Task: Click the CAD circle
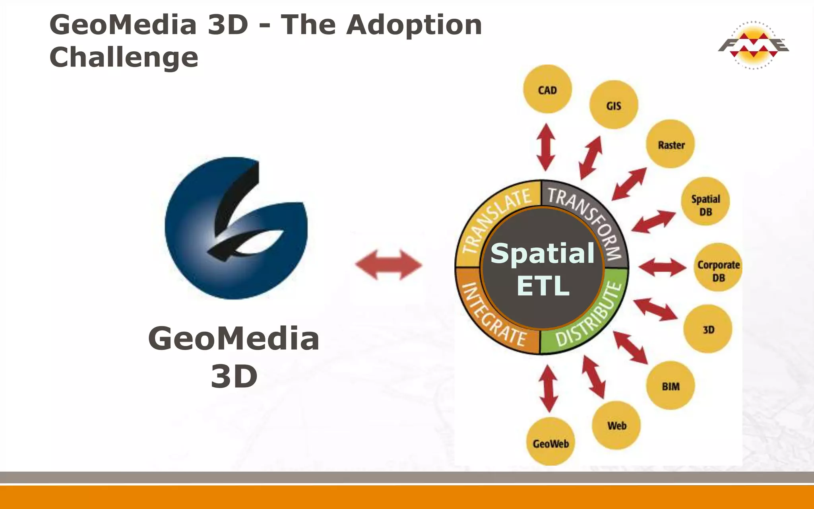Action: click(x=547, y=89)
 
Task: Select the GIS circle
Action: click(x=614, y=105)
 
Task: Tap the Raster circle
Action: click(x=671, y=144)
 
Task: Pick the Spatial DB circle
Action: click(x=705, y=201)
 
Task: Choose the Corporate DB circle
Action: click(x=718, y=267)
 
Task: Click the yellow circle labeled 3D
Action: click(x=708, y=329)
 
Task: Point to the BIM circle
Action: click(x=671, y=386)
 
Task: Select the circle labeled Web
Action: click(x=616, y=425)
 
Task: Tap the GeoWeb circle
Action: click(x=550, y=442)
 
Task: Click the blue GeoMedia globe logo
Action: click(x=236, y=228)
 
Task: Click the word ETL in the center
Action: click(x=543, y=286)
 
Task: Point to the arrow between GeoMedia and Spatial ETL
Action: click(x=388, y=264)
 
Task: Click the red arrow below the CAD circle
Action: click(x=546, y=147)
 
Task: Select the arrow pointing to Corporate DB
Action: click(x=662, y=267)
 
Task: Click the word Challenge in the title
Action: click(x=124, y=57)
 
